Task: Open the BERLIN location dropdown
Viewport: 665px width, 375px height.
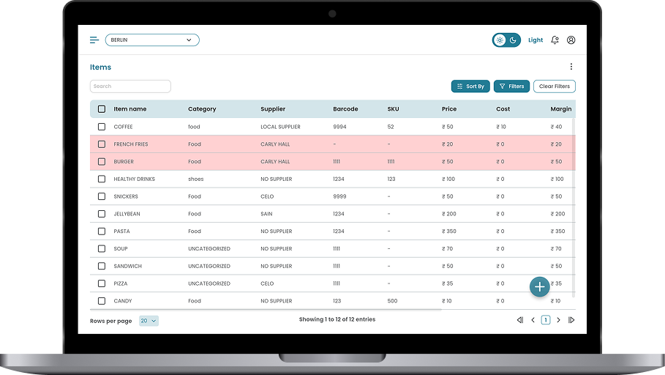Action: coord(152,40)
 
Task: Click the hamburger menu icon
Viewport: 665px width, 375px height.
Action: coord(94,40)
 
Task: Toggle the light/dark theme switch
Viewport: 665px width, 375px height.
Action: coord(506,40)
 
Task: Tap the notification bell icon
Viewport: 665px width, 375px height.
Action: coord(555,40)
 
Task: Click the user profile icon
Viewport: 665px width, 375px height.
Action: coord(571,40)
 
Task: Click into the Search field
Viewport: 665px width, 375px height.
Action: coord(130,86)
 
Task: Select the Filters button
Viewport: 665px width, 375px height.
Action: coord(511,86)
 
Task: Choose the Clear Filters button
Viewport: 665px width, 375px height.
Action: coord(554,86)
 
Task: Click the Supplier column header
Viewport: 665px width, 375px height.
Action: coord(273,109)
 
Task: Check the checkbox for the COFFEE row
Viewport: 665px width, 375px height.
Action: coord(102,127)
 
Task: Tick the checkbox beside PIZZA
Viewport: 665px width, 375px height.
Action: coord(102,283)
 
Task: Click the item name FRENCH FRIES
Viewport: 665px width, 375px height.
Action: coord(130,144)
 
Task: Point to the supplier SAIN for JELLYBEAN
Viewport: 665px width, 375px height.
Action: coord(267,214)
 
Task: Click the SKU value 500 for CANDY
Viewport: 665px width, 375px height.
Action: coord(392,301)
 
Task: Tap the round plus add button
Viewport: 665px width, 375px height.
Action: coord(539,286)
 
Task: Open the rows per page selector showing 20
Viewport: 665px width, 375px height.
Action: coord(149,321)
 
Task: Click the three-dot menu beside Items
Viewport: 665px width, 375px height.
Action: coord(571,67)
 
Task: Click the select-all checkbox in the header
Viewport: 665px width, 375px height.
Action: coord(102,109)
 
